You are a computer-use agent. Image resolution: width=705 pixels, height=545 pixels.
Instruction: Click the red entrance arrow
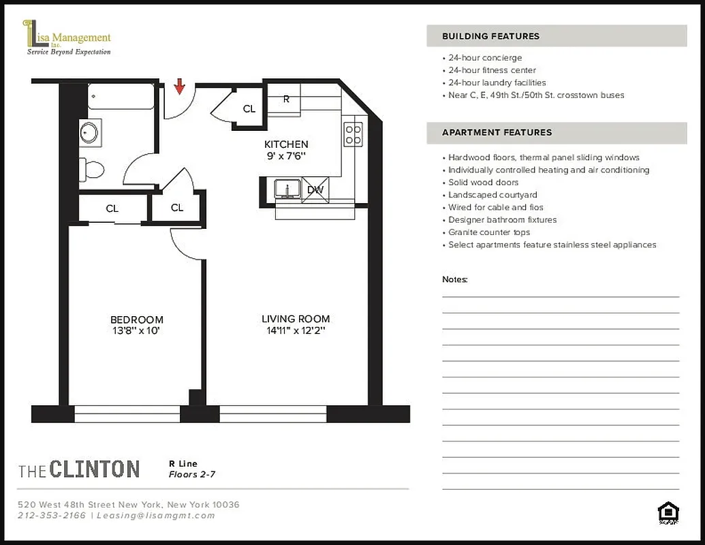(x=180, y=87)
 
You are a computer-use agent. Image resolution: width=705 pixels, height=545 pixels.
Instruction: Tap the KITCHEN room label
(x=286, y=144)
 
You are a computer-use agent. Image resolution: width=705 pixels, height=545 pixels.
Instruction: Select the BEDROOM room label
(x=137, y=320)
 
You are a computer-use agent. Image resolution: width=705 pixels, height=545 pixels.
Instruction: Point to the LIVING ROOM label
(x=296, y=319)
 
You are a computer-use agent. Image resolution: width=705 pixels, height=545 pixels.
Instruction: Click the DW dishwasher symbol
(x=315, y=190)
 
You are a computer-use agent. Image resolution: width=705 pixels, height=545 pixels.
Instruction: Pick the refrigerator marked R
(x=286, y=99)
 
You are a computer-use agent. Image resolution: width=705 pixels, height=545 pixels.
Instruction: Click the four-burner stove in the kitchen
(x=353, y=134)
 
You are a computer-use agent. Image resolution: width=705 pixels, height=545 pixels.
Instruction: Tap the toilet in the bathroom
(x=91, y=168)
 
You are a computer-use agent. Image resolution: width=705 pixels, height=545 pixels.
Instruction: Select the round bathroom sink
(x=89, y=132)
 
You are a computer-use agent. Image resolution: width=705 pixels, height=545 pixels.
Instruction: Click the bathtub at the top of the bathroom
(x=122, y=96)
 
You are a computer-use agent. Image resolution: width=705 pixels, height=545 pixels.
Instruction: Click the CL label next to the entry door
(x=249, y=109)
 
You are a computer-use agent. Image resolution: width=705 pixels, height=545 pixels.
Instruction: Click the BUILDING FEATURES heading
(x=490, y=36)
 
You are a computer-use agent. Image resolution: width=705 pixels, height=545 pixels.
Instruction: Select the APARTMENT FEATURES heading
(x=497, y=132)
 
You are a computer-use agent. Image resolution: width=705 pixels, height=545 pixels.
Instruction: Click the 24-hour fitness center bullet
(x=492, y=70)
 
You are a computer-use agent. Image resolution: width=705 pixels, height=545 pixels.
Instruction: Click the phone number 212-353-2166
(x=52, y=516)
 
